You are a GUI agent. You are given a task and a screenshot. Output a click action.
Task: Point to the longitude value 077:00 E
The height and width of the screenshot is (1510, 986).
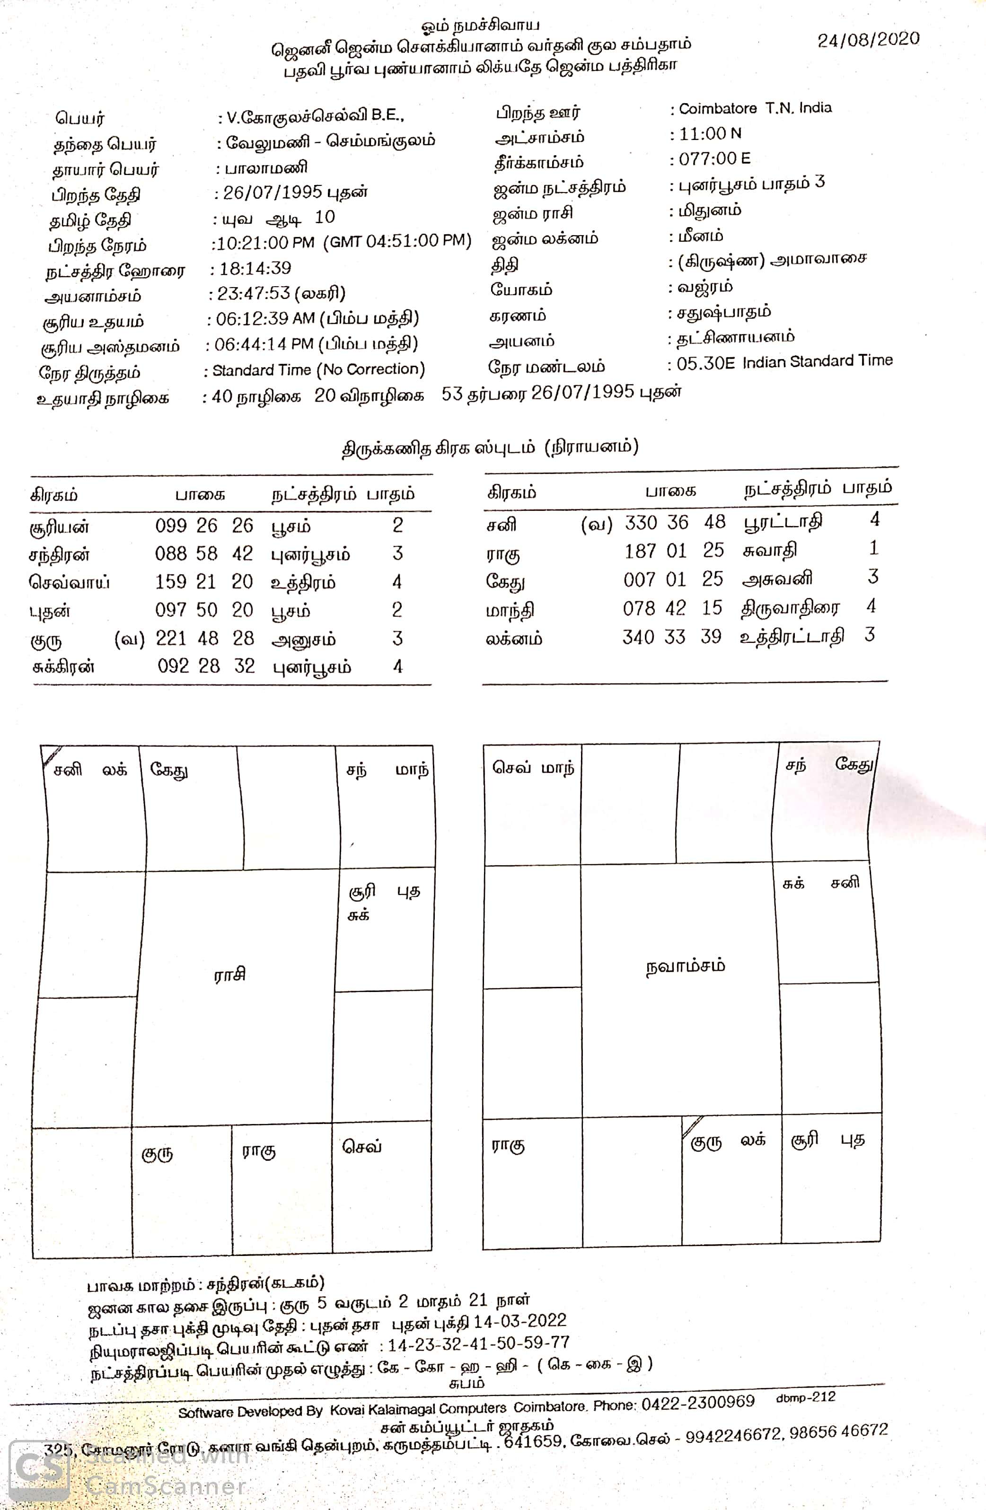[x=714, y=158]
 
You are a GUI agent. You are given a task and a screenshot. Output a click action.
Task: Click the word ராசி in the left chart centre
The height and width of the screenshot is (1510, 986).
[x=229, y=974]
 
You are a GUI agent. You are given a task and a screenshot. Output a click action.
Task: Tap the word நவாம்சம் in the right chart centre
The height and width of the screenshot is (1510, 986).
[x=685, y=966]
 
